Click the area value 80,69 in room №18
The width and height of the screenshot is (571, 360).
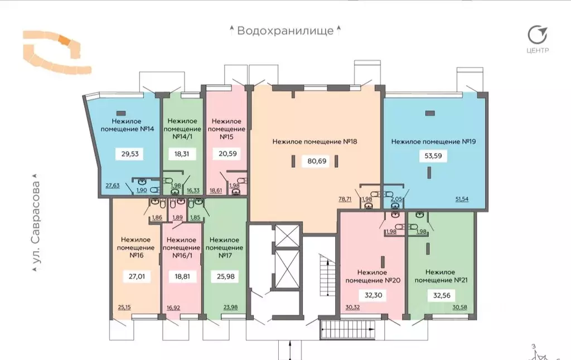click(316, 161)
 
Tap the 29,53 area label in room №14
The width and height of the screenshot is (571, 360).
click(129, 155)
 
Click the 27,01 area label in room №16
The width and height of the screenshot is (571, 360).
click(137, 275)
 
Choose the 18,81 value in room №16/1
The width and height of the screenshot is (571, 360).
click(182, 275)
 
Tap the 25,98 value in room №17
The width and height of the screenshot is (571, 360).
click(225, 275)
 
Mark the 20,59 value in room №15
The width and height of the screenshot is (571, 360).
click(227, 155)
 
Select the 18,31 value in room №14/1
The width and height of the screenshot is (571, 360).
click(182, 155)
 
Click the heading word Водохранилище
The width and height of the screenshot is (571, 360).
click(285, 30)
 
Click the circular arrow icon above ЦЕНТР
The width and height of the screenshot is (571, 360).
click(538, 35)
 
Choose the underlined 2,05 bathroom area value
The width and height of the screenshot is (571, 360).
click(396, 199)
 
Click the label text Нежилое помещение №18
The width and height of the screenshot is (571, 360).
click(314, 142)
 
